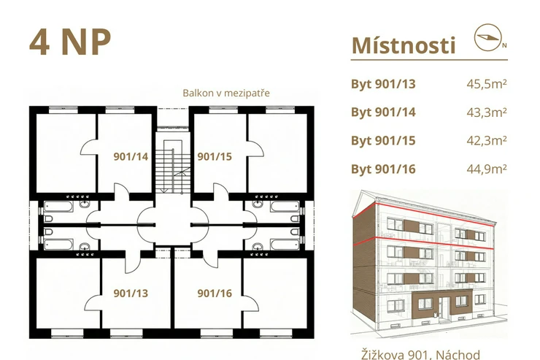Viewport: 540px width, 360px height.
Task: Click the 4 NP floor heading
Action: [x=70, y=42]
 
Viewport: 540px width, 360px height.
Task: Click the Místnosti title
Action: [x=404, y=45]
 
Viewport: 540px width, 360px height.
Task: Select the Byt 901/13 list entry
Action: [x=383, y=84]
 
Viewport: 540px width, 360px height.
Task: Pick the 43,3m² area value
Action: [x=487, y=112]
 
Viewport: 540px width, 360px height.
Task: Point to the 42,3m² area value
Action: [x=487, y=140]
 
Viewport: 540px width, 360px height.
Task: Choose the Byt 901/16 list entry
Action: [x=383, y=169]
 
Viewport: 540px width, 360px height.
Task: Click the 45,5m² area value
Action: [x=487, y=84]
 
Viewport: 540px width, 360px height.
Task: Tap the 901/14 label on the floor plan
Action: [x=131, y=157]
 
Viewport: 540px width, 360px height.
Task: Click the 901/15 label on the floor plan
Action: [x=215, y=157]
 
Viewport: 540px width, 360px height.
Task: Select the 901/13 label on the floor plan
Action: [x=131, y=293]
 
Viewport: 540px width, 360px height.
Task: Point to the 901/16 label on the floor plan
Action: [x=215, y=293]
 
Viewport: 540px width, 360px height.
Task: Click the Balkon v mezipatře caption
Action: [x=226, y=93]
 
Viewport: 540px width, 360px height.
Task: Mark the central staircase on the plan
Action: [x=172, y=165]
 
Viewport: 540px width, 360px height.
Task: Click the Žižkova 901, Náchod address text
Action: [x=420, y=355]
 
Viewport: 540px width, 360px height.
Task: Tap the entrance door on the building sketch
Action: [x=444, y=307]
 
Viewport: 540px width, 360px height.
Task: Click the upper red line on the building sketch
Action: [x=424, y=213]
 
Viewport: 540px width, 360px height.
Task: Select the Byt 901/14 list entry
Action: [x=383, y=112]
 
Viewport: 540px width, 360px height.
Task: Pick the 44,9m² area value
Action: [x=487, y=169]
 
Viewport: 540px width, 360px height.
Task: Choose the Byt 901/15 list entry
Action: [x=383, y=140]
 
